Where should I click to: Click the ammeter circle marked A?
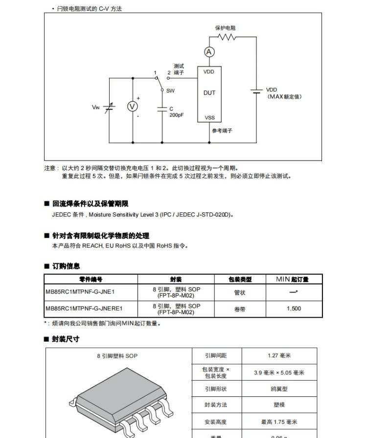pyautogui.click(x=209, y=52)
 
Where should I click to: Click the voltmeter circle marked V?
pyautogui.click(x=132, y=107)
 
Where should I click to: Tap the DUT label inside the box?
pyautogui.click(x=209, y=93)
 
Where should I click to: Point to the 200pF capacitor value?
pyautogui.click(x=176, y=115)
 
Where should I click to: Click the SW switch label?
pyautogui.click(x=170, y=91)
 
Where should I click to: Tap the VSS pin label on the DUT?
pyautogui.click(x=209, y=118)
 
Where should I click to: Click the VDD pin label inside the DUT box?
pyautogui.click(x=208, y=72)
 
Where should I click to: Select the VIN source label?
pyautogui.click(x=95, y=107)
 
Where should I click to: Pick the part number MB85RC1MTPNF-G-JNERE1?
pyautogui.click(x=84, y=308)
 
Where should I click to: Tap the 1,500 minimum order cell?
pyautogui.click(x=294, y=308)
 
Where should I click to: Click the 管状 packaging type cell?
pyautogui.click(x=240, y=293)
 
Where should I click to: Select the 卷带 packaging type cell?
pyautogui.click(x=240, y=308)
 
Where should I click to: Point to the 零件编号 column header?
pyautogui.click(x=91, y=279)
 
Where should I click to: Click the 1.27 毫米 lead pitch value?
pyautogui.click(x=279, y=356)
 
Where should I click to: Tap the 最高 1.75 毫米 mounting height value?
pyautogui.click(x=279, y=422)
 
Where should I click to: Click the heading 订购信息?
pyautogui.click(x=66, y=266)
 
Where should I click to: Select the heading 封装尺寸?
pyautogui.click(x=66, y=339)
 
